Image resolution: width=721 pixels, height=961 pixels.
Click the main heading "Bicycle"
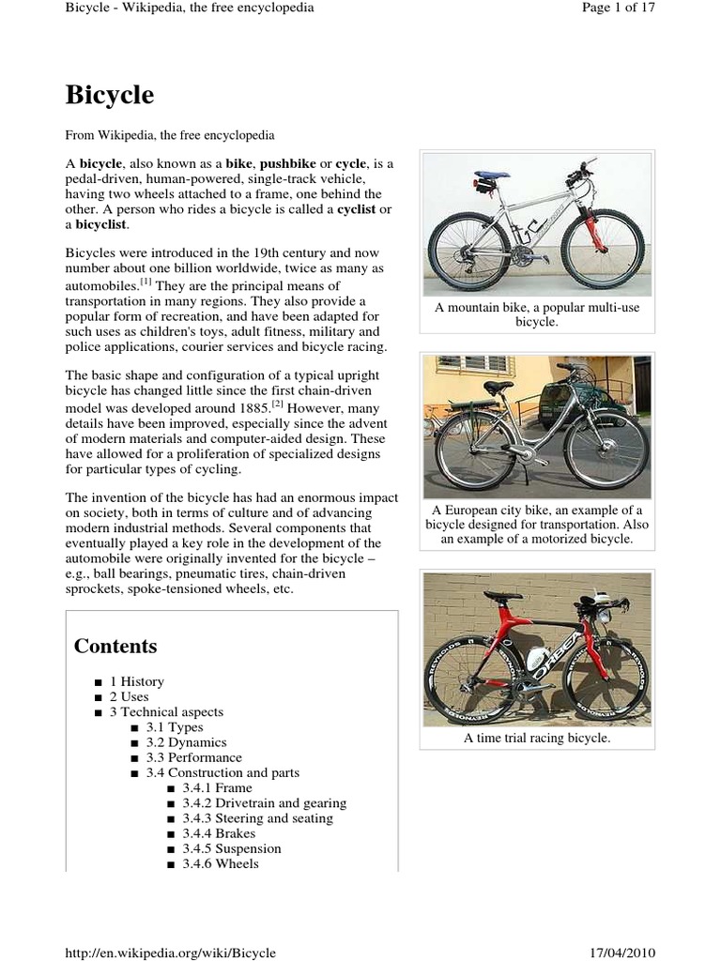click(x=109, y=96)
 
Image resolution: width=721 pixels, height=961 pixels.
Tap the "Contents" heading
click(x=115, y=647)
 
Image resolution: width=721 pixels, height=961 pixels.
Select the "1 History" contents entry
click(x=136, y=681)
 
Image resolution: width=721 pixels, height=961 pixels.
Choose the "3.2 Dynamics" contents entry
click(x=186, y=742)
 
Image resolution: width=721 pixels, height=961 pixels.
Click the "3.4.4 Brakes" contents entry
click(x=219, y=833)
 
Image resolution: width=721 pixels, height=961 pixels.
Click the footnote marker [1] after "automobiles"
click(x=146, y=282)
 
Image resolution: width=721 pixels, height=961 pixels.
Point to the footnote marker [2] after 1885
click(x=277, y=404)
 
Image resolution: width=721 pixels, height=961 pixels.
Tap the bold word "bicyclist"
click(x=102, y=225)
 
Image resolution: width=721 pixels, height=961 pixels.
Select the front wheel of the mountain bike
click(x=603, y=250)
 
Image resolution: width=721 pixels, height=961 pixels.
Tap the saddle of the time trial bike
click(x=503, y=596)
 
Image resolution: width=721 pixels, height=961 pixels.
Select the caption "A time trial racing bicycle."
click(x=536, y=739)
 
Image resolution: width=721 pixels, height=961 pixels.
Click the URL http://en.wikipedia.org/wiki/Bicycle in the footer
click(x=170, y=953)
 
